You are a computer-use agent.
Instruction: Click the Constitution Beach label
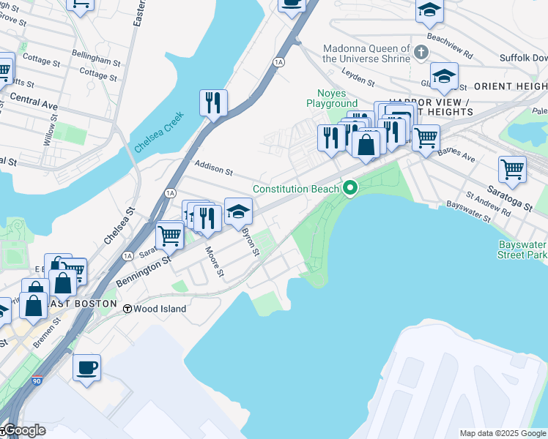point(296,189)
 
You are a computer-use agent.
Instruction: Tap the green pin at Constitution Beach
point(350,189)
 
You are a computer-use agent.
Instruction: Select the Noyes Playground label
point(337,99)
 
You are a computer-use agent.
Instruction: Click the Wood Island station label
point(160,309)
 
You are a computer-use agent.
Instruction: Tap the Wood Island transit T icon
point(127,309)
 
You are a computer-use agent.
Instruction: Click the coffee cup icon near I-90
point(86,367)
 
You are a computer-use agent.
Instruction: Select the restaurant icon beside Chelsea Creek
point(213,102)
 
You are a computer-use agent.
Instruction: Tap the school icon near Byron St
point(238,211)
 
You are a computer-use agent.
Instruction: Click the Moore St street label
point(214,262)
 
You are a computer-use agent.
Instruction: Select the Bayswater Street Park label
point(522,249)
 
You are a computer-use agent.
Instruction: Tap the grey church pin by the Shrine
point(421,53)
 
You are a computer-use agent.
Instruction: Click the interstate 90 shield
point(37,381)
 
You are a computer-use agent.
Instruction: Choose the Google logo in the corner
point(24,430)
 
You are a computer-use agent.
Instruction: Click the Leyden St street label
point(358,75)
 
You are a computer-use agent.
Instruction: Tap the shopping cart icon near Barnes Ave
point(425,137)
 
